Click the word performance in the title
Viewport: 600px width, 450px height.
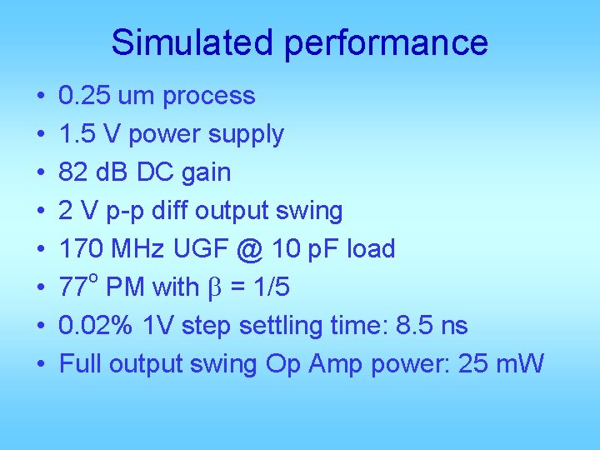point(386,42)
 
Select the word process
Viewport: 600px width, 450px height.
point(209,97)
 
